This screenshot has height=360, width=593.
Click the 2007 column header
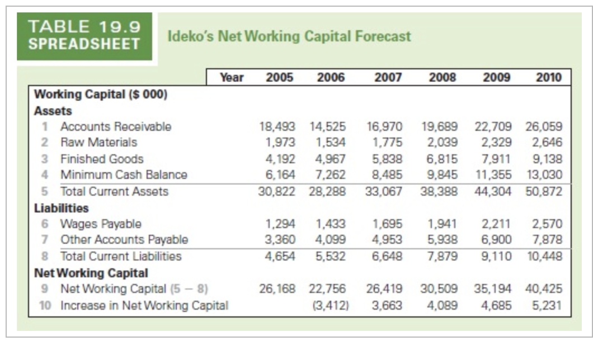pyautogui.click(x=388, y=78)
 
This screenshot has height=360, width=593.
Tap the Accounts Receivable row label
pyautogui.click(x=116, y=126)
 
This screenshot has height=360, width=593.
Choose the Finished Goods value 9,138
pyautogui.click(x=547, y=159)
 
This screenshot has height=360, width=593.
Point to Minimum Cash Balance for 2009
pyautogui.click(x=492, y=174)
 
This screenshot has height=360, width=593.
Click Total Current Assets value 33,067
pyautogui.click(x=384, y=191)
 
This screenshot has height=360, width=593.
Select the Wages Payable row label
pyautogui.click(x=101, y=224)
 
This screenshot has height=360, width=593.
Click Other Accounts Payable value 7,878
pyautogui.click(x=547, y=239)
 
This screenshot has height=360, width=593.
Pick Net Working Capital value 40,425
pyautogui.click(x=544, y=289)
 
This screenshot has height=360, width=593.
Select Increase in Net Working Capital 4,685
pyautogui.click(x=495, y=305)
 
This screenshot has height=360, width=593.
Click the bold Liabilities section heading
pyautogui.click(x=62, y=208)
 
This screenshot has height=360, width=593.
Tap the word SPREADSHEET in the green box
pyautogui.click(x=84, y=44)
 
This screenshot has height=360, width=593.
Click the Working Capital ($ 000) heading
pyautogui.click(x=101, y=94)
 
